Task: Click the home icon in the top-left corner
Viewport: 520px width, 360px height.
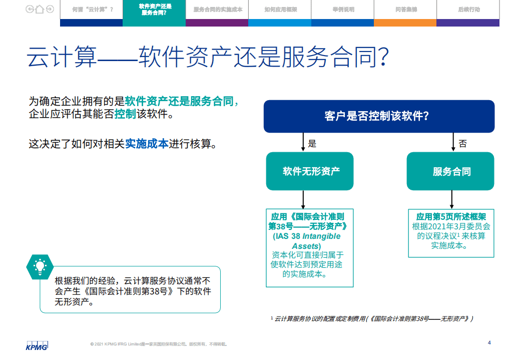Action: pyautogui.click(x=40, y=9)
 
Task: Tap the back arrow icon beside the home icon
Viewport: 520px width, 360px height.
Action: pyautogui.click(x=30, y=9)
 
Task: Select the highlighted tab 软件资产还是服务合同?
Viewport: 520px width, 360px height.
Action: pyautogui.click(x=154, y=10)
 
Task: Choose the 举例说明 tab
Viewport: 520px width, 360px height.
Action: pyautogui.click(x=343, y=10)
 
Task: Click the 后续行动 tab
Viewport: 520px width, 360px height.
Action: pyautogui.click(x=468, y=10)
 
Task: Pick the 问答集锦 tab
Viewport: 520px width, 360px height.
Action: pyautogui.click(x=406, y=10)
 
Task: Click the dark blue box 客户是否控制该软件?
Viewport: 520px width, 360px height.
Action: pyautogui.click(x=379, y=116)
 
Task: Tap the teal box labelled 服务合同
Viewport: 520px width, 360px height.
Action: pyautogui.click(x=451, y=171)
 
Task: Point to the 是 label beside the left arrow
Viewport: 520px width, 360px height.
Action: pyautogui.click(x=312, y=144)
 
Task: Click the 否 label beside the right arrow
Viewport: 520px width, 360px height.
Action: pyautogui.click(x=463, y=144)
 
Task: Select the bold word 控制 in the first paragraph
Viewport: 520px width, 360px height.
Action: pyautogui.click(x=125, y=114)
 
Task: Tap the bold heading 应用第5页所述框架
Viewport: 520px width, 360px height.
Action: pyautogui.click(x=451, y=217)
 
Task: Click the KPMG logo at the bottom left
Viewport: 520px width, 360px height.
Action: pyautogui.click(x=37, y=346)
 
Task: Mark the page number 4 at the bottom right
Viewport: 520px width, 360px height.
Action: pyautogui.click(x=489, y=342)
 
